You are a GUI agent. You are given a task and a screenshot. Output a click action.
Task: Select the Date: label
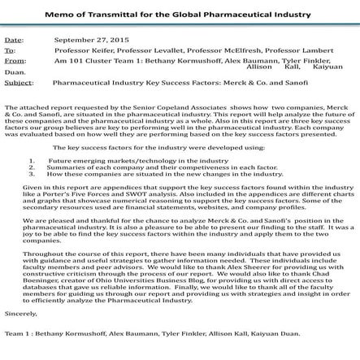point(14,39)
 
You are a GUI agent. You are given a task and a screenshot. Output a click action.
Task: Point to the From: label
point(14,60)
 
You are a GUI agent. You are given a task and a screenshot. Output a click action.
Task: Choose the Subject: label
point(18,82)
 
